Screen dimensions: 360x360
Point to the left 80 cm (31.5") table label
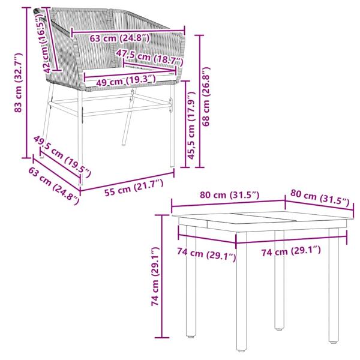pos(230,195)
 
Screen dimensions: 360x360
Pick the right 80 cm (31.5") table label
pos(319,199)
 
